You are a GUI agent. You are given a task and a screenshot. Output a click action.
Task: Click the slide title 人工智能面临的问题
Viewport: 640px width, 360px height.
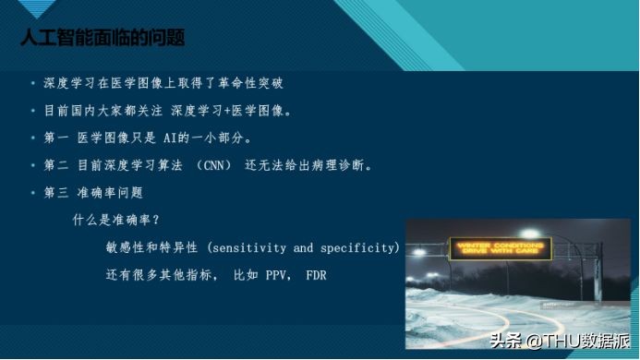103,37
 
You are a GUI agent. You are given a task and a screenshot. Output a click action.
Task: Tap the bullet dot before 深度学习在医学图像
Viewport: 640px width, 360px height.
33,83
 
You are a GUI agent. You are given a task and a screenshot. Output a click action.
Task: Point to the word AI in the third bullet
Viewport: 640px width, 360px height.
163,138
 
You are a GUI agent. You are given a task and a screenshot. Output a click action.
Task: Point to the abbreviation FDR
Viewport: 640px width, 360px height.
316,275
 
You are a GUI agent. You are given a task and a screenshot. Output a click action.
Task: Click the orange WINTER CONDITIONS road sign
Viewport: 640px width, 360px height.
500,248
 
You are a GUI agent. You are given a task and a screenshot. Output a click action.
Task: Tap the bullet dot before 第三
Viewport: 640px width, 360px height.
33,193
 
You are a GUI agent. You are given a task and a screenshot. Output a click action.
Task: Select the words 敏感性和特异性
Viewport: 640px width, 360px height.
153,248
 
